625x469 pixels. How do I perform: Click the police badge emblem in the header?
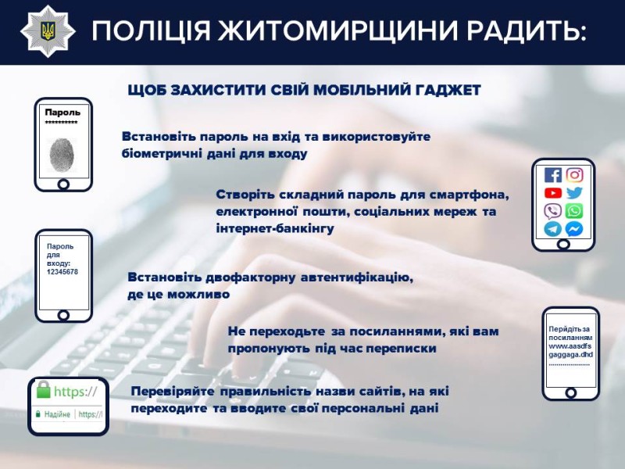click(47, 32)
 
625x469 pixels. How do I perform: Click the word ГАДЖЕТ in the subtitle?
click(449, 91)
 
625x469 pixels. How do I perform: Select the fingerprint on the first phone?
click(62, 154)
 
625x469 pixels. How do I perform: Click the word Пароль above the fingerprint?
click(62, 112)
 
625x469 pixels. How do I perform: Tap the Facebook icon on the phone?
click(553, 175)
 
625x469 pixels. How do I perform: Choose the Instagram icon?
click(574, 175)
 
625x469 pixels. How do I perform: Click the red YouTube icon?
click(553, 193)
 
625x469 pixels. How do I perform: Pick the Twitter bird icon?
click(574, 193)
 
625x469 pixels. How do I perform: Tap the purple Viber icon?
click(553, 211)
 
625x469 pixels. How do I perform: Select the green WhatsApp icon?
click(574, 211)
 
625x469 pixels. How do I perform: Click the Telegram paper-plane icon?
click(553, 229)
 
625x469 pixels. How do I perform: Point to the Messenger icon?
click(574, 229)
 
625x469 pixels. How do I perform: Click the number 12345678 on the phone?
click(62, 272)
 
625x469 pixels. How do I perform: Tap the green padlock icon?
click(44, 390)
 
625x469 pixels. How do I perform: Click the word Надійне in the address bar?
click(55, 414)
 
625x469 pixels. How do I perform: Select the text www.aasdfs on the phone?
click(570, 345)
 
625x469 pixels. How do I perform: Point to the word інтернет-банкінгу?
click(275, 229)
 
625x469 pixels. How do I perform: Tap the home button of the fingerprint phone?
click(63, 184)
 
